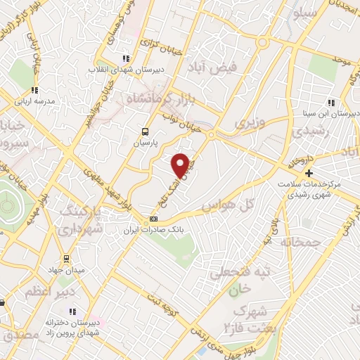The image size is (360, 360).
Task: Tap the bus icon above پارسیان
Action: click(146, 131)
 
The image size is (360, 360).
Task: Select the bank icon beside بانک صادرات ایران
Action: click(154, 220)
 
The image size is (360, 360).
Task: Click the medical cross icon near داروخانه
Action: click(308, 172)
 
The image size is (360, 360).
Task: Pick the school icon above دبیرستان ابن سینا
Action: click(331, 103)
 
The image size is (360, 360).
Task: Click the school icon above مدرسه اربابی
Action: click(34, 90)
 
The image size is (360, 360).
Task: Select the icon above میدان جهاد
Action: click(66, 259)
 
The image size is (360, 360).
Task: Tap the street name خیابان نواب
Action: click(179, 123)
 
